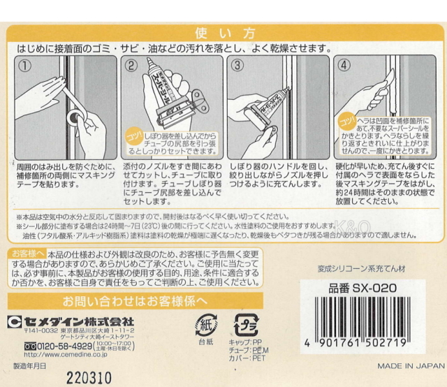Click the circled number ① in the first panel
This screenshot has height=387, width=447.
(x=25, y=66)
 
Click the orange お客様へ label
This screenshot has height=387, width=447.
(x=28, y=252)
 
